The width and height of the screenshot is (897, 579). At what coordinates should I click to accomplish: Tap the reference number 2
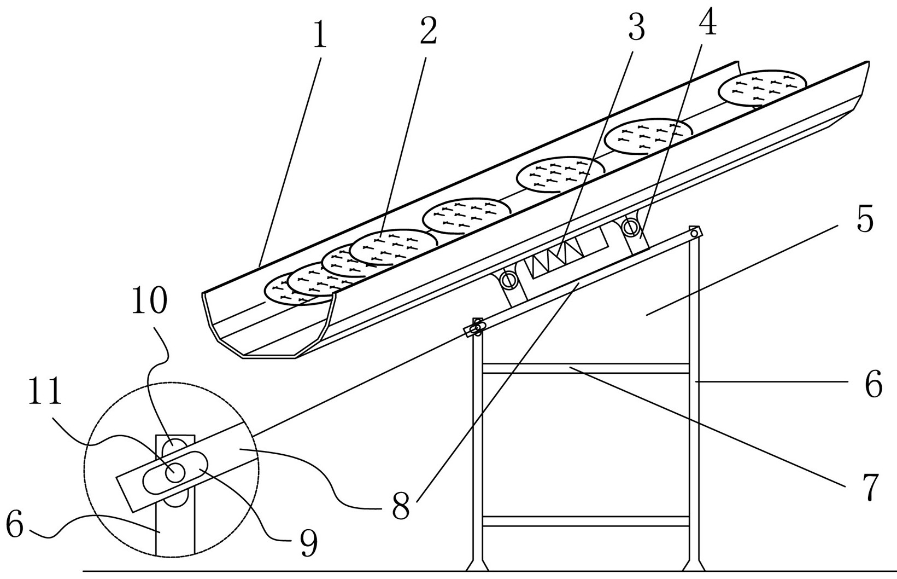pyautogui.click(x=428, y=32)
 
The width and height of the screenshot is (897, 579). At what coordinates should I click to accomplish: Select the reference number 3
pyautogui.click(x=636, y=27)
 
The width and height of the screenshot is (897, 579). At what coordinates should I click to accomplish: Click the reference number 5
pyautogui.click(x=865, y=220)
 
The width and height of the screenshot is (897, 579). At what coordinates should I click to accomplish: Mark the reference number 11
pyautogui.click(x=45, y=393)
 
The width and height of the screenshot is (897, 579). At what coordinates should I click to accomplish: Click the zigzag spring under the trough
pyautogui.click(x=558, y=253)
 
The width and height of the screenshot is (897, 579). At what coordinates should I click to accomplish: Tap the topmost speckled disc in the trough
pyautogui.click(x=762, y=88)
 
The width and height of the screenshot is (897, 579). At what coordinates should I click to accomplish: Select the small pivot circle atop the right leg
pyautogui.click(x=694, y=233)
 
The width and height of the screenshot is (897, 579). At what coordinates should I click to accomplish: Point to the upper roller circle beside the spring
pyautogui.click(x=632, y=226)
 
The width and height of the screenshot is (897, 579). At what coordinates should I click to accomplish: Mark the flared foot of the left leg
pyautogui.click(x=477, y=564)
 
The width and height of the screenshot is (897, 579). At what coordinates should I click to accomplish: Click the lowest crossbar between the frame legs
pyautogui.click(x=585, y=521)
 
